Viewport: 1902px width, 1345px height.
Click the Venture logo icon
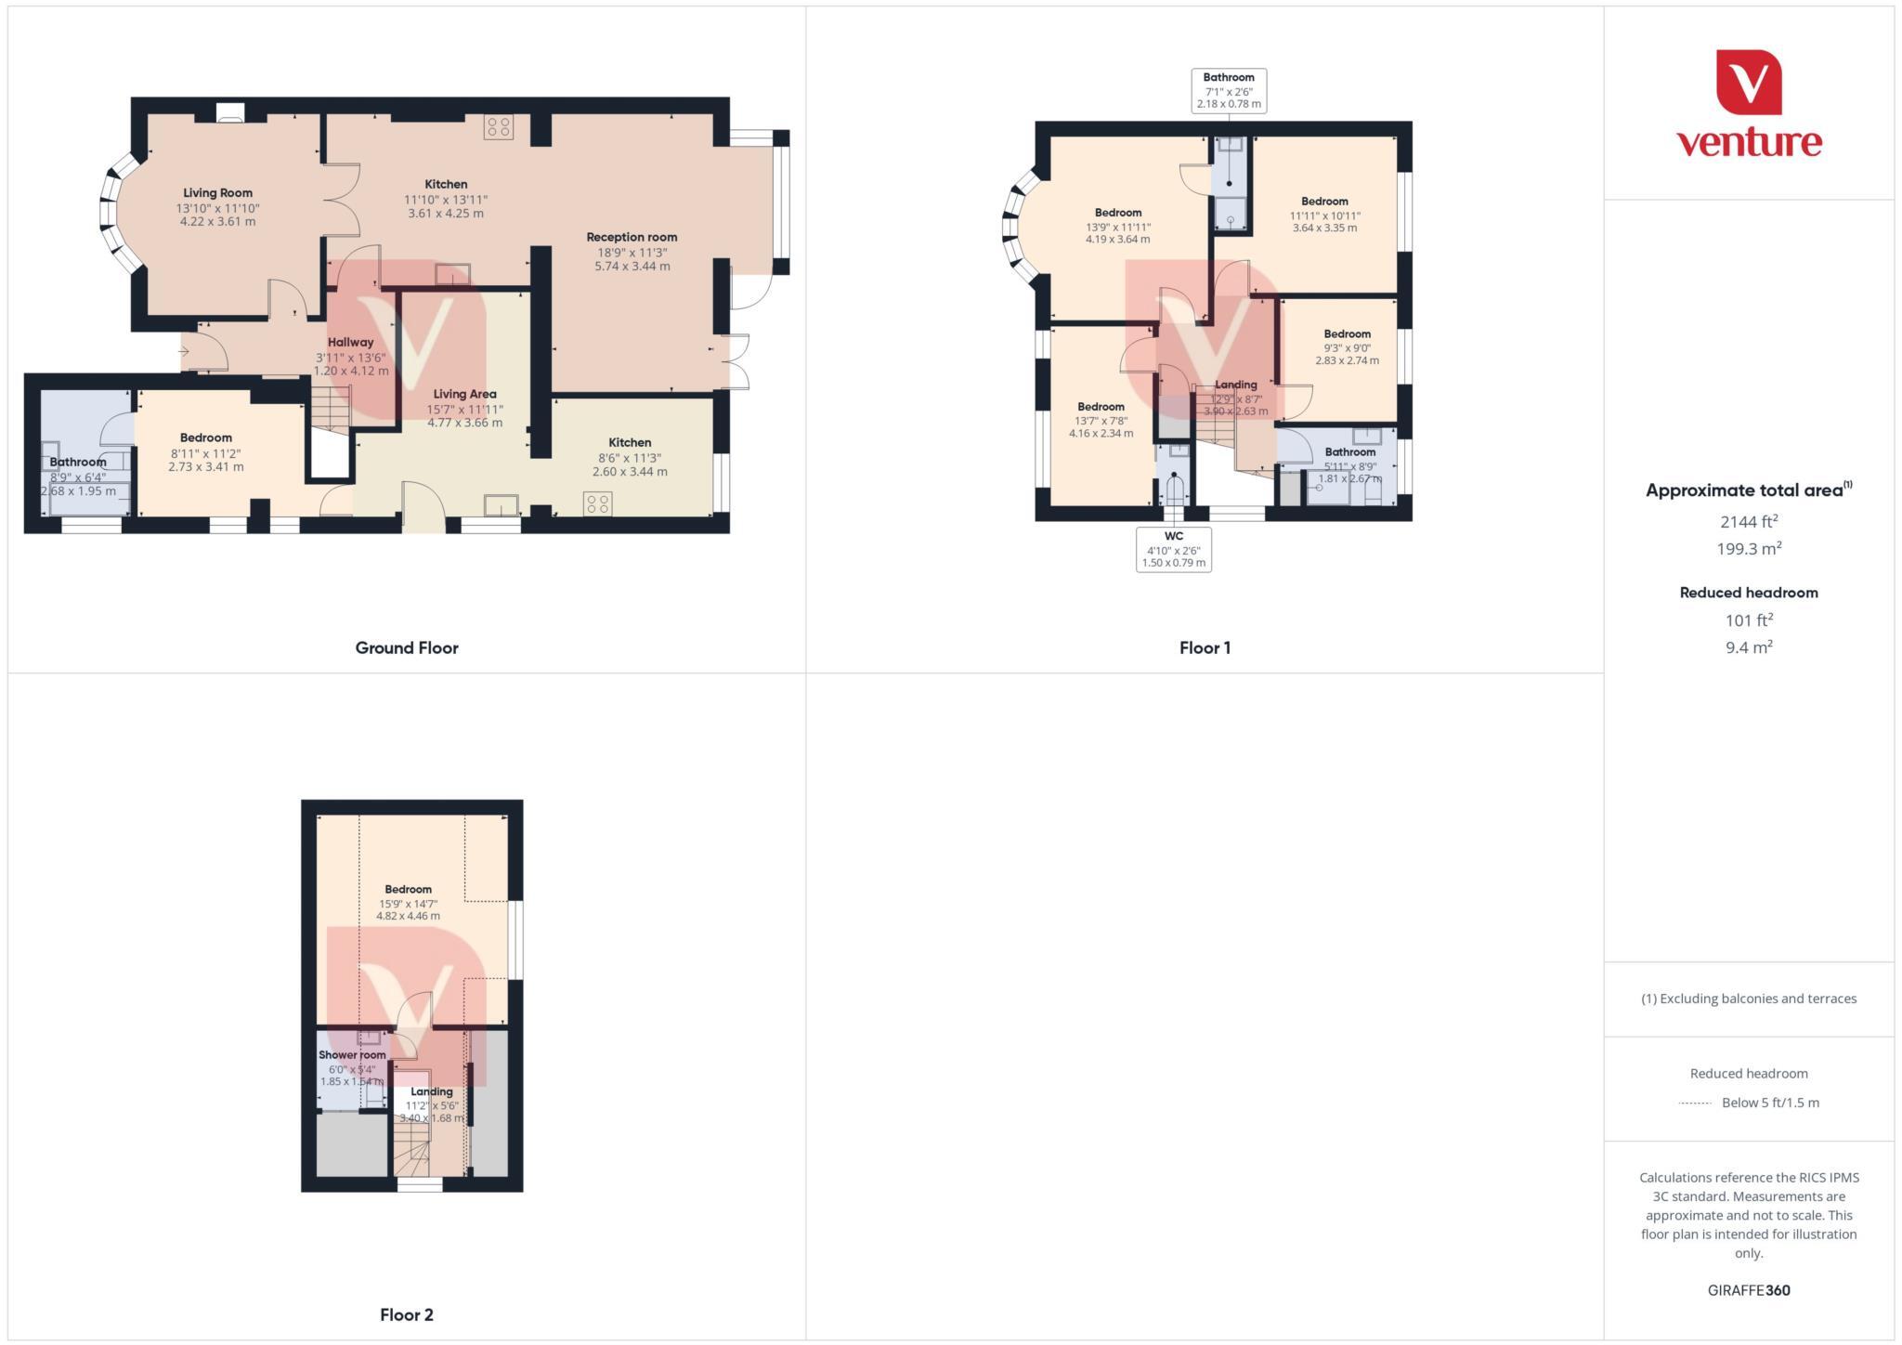tap(1748, 83)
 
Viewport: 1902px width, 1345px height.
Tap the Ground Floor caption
tap(407, 647)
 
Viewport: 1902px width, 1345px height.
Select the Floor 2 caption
tap(407, 1314)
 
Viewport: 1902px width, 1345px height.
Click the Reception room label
tap(632, 237)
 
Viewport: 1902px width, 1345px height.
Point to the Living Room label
tap(217, 193)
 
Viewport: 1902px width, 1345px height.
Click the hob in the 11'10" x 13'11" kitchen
tap(499, 126)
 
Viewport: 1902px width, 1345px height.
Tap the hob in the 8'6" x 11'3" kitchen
tap(598, 504)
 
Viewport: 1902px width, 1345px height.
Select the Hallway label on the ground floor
tap(350, 342)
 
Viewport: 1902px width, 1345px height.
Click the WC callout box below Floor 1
tap(1174, 549)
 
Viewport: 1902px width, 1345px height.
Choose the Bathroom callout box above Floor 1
tap(1229, 90)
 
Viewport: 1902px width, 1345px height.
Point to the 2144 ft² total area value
tap(1749, 522)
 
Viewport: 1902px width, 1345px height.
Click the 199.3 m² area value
tap(1749, 549)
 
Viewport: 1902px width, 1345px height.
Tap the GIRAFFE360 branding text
tap(1749, 1290)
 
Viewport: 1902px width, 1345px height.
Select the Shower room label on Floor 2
tap(352, 1055)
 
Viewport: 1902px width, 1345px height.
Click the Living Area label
tap(464, 394)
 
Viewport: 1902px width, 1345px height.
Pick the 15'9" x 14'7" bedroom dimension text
tap(408, 903)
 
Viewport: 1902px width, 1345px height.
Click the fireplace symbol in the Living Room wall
tap(229, 112)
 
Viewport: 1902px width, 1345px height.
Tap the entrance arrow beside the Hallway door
tap(184, 352)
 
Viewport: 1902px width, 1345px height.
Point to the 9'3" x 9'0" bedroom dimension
tap(1347, 347)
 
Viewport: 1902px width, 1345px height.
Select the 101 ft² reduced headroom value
tap(1749, 620)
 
